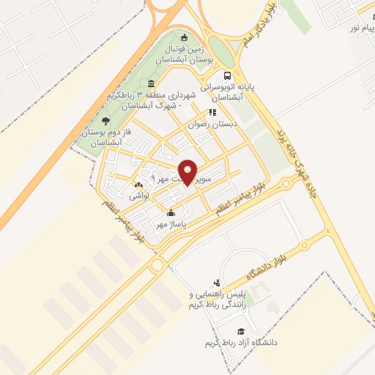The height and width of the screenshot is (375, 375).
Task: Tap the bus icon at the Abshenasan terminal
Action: click(229, 75)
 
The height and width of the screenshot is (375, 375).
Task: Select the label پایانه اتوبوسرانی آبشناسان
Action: click(233, 92)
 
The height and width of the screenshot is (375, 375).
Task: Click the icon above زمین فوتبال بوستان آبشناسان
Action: click(184, 38)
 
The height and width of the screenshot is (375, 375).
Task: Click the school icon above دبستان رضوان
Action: click(211, 113)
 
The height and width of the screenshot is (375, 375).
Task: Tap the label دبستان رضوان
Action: click(213, 125)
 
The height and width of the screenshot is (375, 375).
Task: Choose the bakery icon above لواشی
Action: click(138, 185)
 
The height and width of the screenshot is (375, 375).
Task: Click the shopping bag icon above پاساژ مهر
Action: click(171, 213)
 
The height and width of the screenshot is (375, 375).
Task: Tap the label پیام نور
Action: click(358, 27)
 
